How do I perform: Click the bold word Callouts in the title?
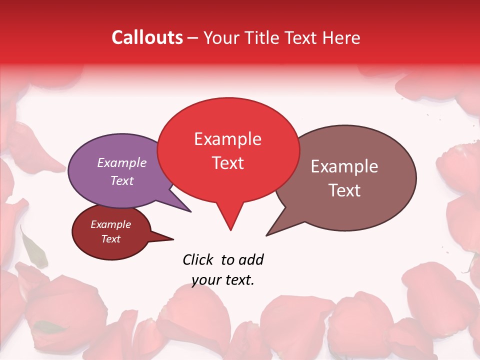coord(147,37)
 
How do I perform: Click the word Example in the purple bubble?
coord(122,162)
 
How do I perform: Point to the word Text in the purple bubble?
coord(122,180)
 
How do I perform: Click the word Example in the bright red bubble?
coord(227,139)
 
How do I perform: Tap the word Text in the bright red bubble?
coord(227,163)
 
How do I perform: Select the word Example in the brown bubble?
coord(344,166)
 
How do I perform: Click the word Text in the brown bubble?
coord(344,190)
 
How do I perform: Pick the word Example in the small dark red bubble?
coord(110,224)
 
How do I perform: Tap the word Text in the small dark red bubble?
coord(110,239)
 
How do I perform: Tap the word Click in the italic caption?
coord(198,259)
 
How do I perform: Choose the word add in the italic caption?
coord(250,259)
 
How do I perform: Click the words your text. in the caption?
coord(223,280)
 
